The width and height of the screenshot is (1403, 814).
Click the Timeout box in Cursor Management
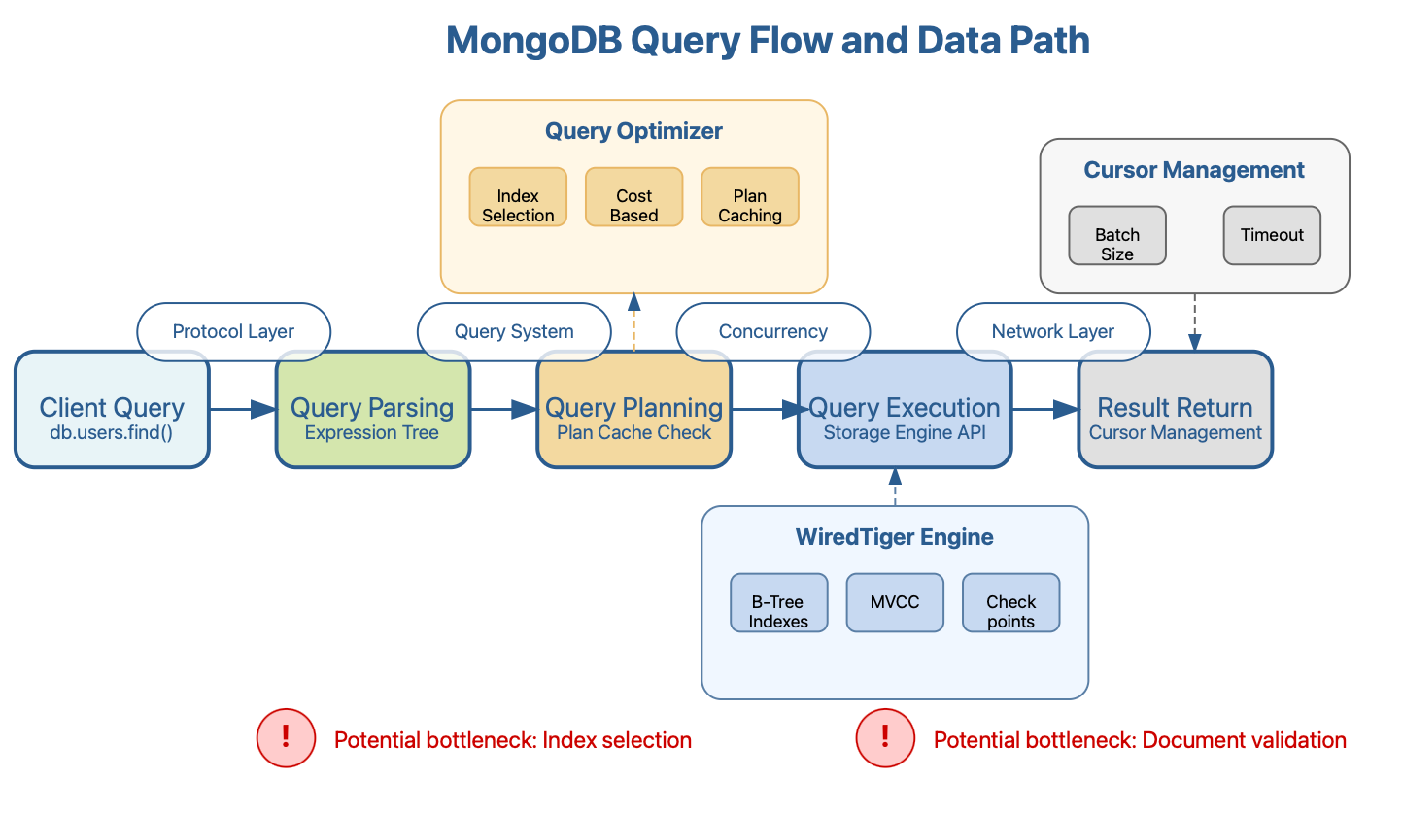click(x=1272, y=235)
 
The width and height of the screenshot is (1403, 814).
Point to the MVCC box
click(x=894, y=603)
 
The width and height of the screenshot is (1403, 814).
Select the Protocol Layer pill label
click(x=233, y=331)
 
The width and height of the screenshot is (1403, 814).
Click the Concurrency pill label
click(x=772, y=331)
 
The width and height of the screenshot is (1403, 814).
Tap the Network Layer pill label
click(x=1053, y=331)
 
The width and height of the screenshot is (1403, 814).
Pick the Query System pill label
click(x=513, y=331)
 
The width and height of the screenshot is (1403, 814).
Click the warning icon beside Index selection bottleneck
click(x=286, y=738)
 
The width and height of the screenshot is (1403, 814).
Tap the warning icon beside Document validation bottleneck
click(x=885, y=738)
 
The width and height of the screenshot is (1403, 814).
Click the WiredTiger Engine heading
click(x=894, y=537)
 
